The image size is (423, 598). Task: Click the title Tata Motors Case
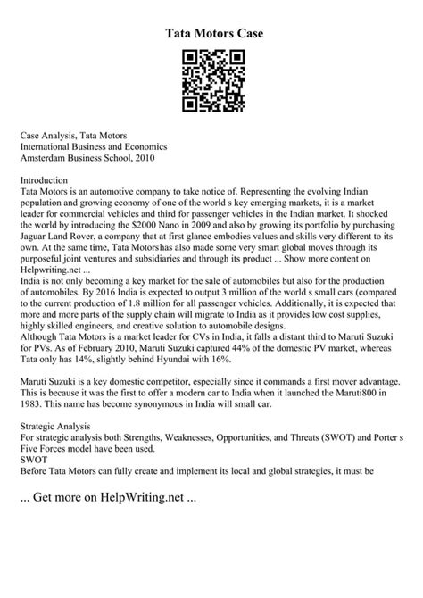click(211, 33)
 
